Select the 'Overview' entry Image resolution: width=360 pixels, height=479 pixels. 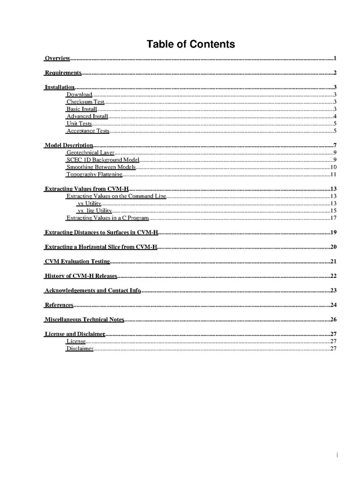click(57, 58)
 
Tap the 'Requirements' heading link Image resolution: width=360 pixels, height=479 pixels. click(63, 73)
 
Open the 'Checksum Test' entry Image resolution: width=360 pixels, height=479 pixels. click(85, 101)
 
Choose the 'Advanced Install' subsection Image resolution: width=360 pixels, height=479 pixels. click(87, 116)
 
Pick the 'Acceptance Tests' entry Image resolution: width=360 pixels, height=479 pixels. click(87, 131)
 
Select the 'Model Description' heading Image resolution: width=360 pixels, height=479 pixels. click(69, 145)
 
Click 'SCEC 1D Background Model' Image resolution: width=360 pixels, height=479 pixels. click(102, 159)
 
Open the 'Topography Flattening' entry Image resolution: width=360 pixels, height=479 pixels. click(94, 174)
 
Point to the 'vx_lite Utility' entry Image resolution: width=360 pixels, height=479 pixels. click(94, 211)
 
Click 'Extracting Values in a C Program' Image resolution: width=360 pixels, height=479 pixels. click(107, 218)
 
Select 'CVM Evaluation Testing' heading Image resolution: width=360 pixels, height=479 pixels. click(77, 261)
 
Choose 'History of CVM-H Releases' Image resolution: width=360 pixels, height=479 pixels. click(81, 276)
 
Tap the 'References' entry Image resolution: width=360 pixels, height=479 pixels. click(59, 305)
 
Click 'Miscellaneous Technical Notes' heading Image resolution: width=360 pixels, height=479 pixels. click(84, 320)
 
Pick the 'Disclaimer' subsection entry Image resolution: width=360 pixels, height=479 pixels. click(80, 348)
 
